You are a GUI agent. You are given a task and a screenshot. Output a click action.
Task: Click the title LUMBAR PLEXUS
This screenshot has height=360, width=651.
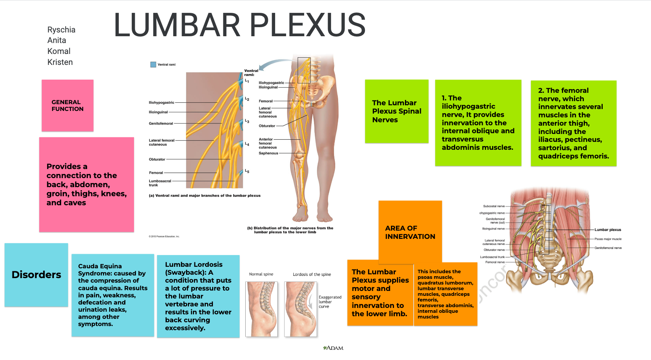click(x=240, y=25)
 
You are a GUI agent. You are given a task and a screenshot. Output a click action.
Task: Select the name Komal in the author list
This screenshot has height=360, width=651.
click(x=59, y=51)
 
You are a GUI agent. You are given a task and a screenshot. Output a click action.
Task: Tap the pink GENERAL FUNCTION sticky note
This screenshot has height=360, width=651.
click(x=68, y=106)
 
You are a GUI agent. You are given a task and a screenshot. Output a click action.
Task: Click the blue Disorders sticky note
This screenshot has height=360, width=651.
click(x=36, y=275)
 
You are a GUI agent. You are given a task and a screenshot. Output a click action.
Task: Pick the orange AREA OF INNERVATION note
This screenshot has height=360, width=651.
click(x=410, y=232)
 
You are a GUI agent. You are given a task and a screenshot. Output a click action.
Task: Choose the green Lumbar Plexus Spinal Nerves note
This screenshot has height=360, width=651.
click(x=396, y=111)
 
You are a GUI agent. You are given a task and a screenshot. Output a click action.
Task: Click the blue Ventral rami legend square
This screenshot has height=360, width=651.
click(x=153, y=65)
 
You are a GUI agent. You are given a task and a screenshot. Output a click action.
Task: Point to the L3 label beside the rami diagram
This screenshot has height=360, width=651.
click(x=247, y=121)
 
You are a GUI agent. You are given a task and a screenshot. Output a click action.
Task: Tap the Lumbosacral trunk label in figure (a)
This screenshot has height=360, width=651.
click(x=160, y=183)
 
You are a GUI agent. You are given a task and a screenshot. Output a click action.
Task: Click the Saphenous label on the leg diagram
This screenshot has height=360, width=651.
click(x=268, y=153)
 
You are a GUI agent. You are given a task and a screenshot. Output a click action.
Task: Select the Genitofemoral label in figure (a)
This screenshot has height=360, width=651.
click(x=161, y=123)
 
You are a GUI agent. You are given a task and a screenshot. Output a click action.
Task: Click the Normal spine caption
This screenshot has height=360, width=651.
click(x=261, y=274)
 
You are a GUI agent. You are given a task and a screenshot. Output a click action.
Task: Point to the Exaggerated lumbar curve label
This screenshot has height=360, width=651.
click(x=329, y=302)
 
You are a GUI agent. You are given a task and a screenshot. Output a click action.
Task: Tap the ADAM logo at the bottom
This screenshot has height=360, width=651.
click(x=333, y=348)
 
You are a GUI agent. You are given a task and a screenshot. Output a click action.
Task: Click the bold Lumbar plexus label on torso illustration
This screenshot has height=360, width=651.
click(x=608, y=230)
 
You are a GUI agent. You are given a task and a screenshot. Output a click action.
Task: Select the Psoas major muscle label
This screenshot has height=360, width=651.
click(x=608, y=239)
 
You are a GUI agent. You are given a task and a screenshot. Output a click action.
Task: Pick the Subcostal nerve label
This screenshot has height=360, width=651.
click(x=494, y=206)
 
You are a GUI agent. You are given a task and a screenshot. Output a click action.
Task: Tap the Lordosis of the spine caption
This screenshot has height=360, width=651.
click(x=312, y=274)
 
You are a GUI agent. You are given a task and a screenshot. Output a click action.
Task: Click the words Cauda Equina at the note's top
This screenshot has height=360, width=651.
click(x=100, y=266)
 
